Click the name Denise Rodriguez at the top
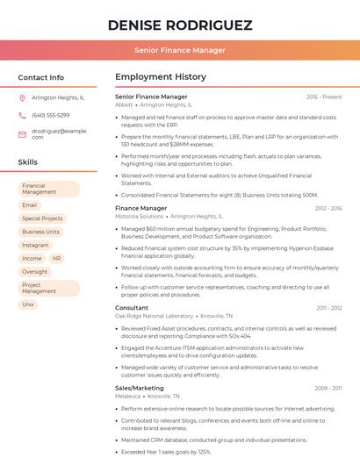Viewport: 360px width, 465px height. click(x=179, y=25)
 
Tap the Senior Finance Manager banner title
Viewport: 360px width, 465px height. click(x=179, y=50)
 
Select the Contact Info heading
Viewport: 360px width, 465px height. click(x=41, y=77)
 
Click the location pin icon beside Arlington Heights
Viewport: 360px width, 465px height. click(x=22, y=98)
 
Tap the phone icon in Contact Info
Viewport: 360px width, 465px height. click(x=22, y=115)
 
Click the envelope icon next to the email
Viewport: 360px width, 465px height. click(x=22, y=133)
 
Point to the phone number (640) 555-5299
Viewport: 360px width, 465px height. click(x=50, y=115)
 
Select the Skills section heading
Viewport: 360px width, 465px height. click(x=28, y=162)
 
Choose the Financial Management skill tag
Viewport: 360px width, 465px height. click(x=48, y=189)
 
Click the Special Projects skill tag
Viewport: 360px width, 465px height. click(x=42, y=218)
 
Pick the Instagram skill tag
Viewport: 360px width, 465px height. click(x=36, y=245)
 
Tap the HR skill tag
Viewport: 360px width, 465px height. click(x=56, y=259)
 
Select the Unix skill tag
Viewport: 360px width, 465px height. click(x=28, y=304)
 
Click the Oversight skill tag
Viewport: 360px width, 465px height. click(x=35, y=272)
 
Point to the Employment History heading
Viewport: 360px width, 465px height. click(x=161, y=77)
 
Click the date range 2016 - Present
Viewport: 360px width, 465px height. click(x=324, y=97)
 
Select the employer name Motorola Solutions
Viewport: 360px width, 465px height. click(x=140, y=216)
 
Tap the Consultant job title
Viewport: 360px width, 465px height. click(x=132, y=308)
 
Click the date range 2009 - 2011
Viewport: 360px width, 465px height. click(x=328, y=388)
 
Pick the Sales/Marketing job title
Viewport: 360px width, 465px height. click(x=140, y=388)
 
